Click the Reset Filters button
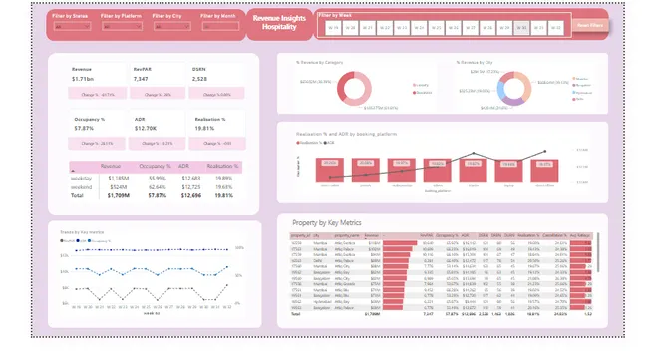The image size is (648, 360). [591, 27]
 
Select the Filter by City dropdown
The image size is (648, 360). [168, 27]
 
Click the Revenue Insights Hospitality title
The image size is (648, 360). [280, 23]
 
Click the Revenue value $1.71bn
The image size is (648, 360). [85, 78]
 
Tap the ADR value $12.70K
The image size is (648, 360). [147, 128]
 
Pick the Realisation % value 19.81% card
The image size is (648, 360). [206, 128]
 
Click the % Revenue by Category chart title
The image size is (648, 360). [327, 62]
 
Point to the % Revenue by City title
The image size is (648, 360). [486, 62]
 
